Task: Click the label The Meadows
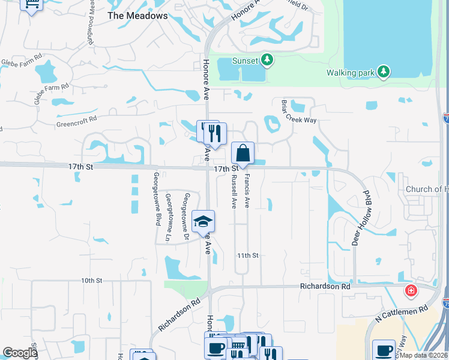pos(137,16)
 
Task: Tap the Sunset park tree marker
pos(268,60)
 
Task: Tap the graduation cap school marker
pos(203,222)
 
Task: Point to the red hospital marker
pos(411,292)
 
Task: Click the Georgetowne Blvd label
pos(156,199)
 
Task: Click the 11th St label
pos(247,255)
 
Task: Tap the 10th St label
pos(92,280)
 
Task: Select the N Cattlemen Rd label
pos(400,313)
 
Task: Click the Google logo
pos(20,353)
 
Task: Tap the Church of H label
pos(427,190)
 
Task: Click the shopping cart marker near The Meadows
pos(32,5)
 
